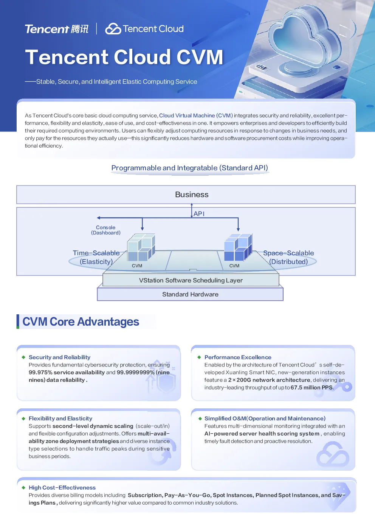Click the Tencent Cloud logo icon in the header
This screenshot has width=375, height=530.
click(x=113, y=29)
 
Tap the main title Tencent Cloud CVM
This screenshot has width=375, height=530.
click(x=124, y=57)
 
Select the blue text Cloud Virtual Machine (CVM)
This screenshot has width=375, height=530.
click(x=196, y=116)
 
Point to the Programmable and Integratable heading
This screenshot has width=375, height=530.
click(x=190, y=168)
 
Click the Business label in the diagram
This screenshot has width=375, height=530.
click(x=192, y=195)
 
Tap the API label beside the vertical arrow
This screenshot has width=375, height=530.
click(x=199, y=214)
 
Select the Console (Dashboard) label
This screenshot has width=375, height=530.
click(x=106, y=230)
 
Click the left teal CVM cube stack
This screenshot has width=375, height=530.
click(x=141, y=247)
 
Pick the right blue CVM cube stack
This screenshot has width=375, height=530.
click(x=238, y=247)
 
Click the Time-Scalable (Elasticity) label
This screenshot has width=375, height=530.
click(x=96, y=257)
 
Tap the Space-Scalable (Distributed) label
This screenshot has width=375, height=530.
click(x=288, y=257)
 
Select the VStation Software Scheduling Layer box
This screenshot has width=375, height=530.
click(x=191, y=280)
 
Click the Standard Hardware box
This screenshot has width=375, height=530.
click(x=190, y=294)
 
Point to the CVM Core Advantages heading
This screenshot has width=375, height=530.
click(x=81, y=321)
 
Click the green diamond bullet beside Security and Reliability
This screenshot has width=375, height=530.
click(x=23, y=357)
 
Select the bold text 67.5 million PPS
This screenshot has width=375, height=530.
click(x=311, y=387)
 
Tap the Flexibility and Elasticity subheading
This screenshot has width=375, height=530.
click(x=60, y=418)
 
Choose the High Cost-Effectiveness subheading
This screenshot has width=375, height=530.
click(x=62, y=487)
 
